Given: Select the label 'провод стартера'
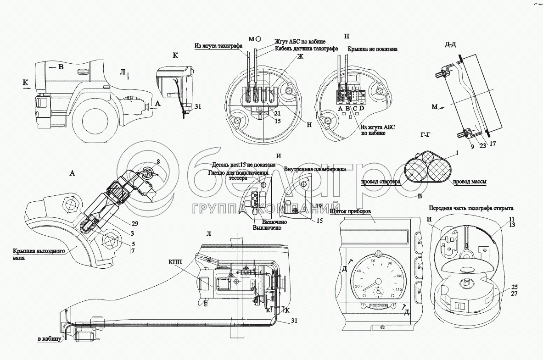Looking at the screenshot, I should click(381, 181).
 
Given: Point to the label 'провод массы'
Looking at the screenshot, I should click(470, 181).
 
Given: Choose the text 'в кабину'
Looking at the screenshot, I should click(50, 339).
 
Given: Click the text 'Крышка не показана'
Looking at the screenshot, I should click(372, 48).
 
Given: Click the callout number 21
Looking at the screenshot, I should click(278, 113).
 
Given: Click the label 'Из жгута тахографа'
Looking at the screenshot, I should click(218, 45).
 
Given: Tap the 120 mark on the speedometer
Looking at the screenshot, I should click(398, 290).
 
